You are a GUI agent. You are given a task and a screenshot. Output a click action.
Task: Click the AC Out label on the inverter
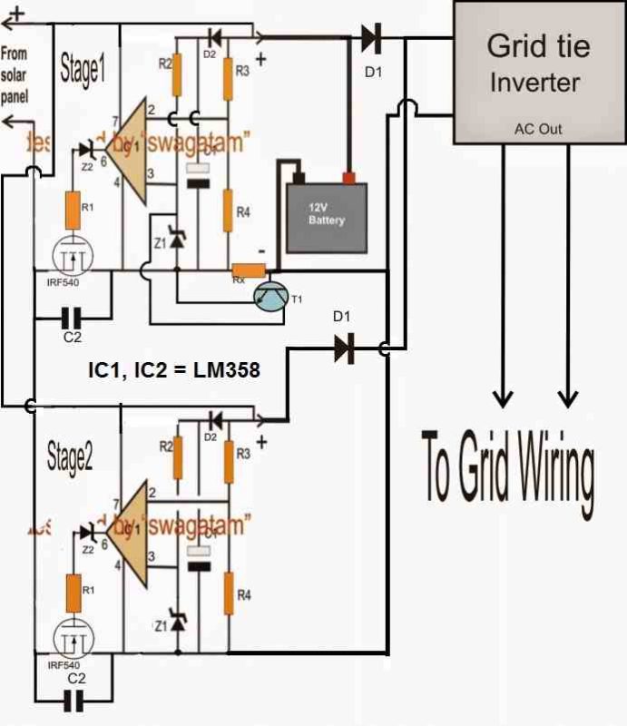click(538, 129)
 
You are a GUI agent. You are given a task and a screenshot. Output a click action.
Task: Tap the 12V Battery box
click(327, 217)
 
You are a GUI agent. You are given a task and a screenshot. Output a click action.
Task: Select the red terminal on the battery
click(348, 177)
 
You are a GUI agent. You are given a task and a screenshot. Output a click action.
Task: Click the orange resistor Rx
click(248, 270)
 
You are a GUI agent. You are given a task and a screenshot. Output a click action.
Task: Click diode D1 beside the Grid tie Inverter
click(370, 38)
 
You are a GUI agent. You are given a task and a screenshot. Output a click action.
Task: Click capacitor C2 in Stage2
click(77, 701)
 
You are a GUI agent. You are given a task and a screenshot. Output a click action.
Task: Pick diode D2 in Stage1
click(215, 37)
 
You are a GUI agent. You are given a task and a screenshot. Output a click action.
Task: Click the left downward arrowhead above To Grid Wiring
click(502, 397)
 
